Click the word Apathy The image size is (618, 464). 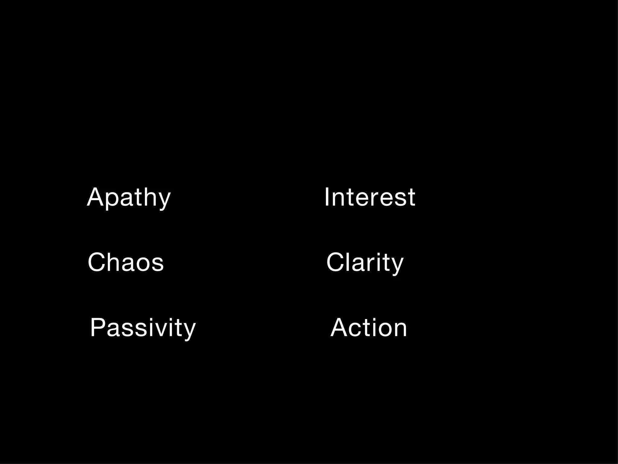(x=129, y=198)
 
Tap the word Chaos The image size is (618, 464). (x=126, y=262)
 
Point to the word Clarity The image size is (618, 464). (x=365, y=263)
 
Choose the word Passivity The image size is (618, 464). (x=143, y=328)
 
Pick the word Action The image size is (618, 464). (x=369, y=328)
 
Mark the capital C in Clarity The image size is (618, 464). (x=335, y=262)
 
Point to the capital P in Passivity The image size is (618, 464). (x=98, y=327)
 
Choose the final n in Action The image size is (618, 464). (x=399, y=329)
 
